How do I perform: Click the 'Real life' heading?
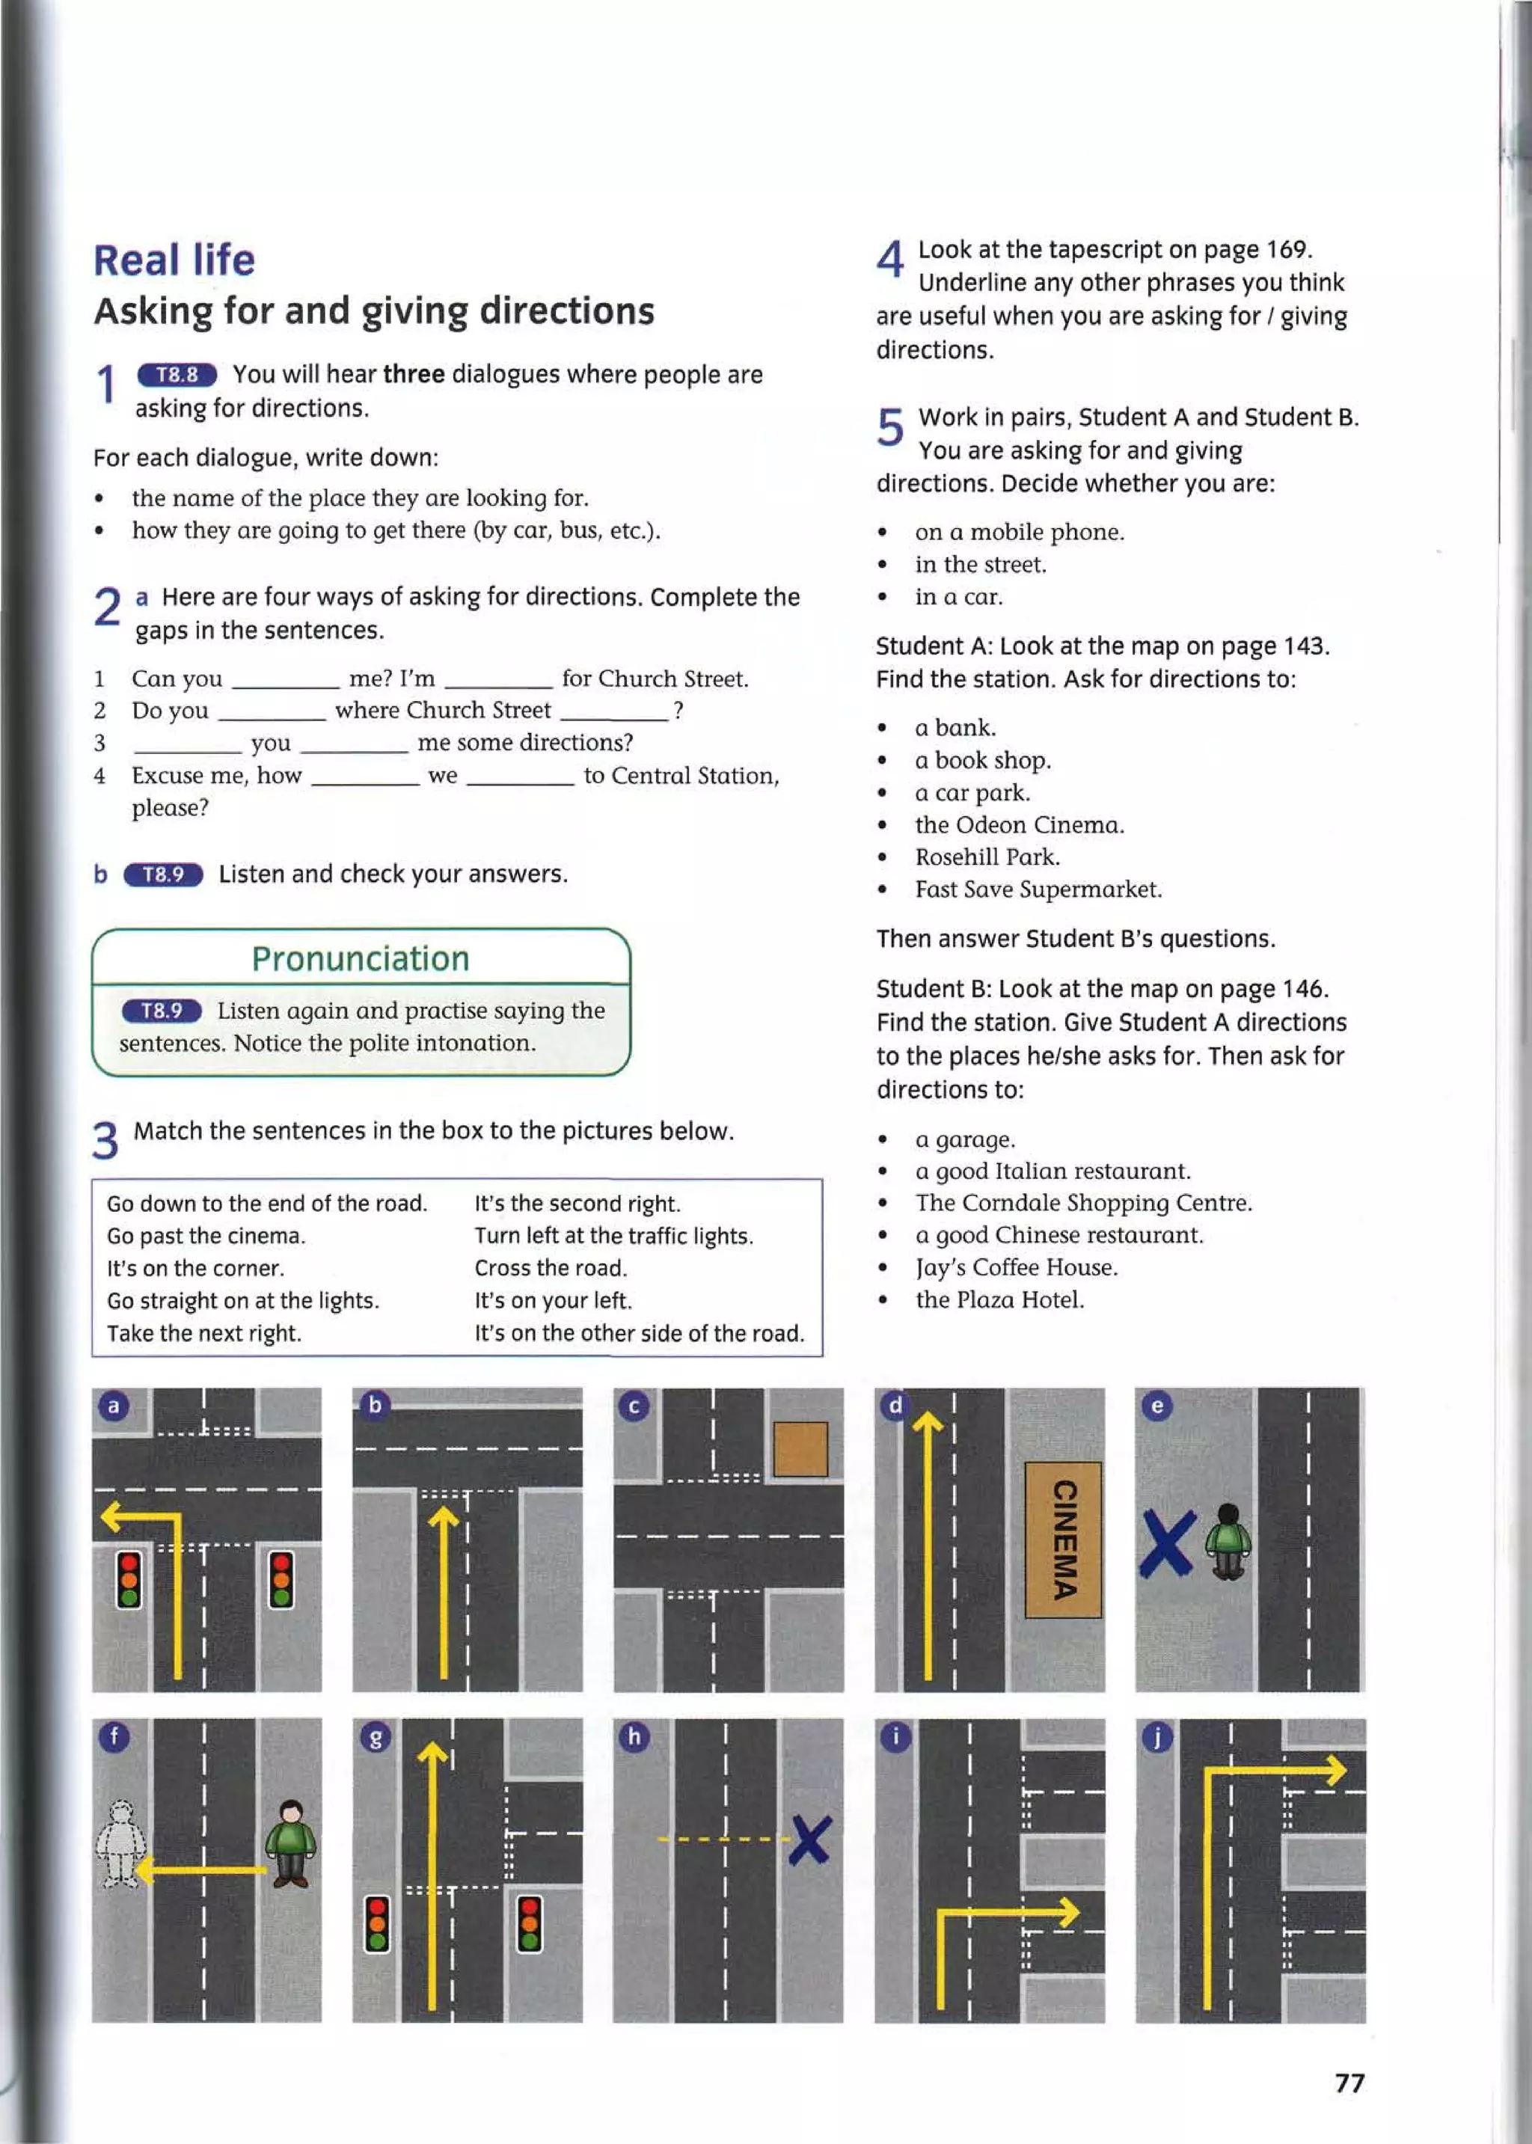click(x=174, y=260)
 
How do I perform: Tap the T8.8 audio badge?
click(x=177, y=375)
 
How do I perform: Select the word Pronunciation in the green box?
click(x=361, y=958)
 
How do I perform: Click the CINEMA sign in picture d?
click(x=1063, y=1539)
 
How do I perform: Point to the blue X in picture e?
click(x=1168, y=1543)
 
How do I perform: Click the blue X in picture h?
click(x=809, y=1840)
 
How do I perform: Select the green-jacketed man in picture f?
click(x=290, y=1843)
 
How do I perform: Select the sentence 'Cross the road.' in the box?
click(x=550, y=1268)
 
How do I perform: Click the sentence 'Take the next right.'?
click(x=203, y=1333)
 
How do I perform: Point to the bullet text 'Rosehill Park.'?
click(x=987, y=857)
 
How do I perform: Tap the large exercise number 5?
click(x=889, y=426)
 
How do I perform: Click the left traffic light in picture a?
click(x=129, y=1579)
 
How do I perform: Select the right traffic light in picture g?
click(x=529, y=1924)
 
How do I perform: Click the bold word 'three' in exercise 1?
click(x=413, y=375)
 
